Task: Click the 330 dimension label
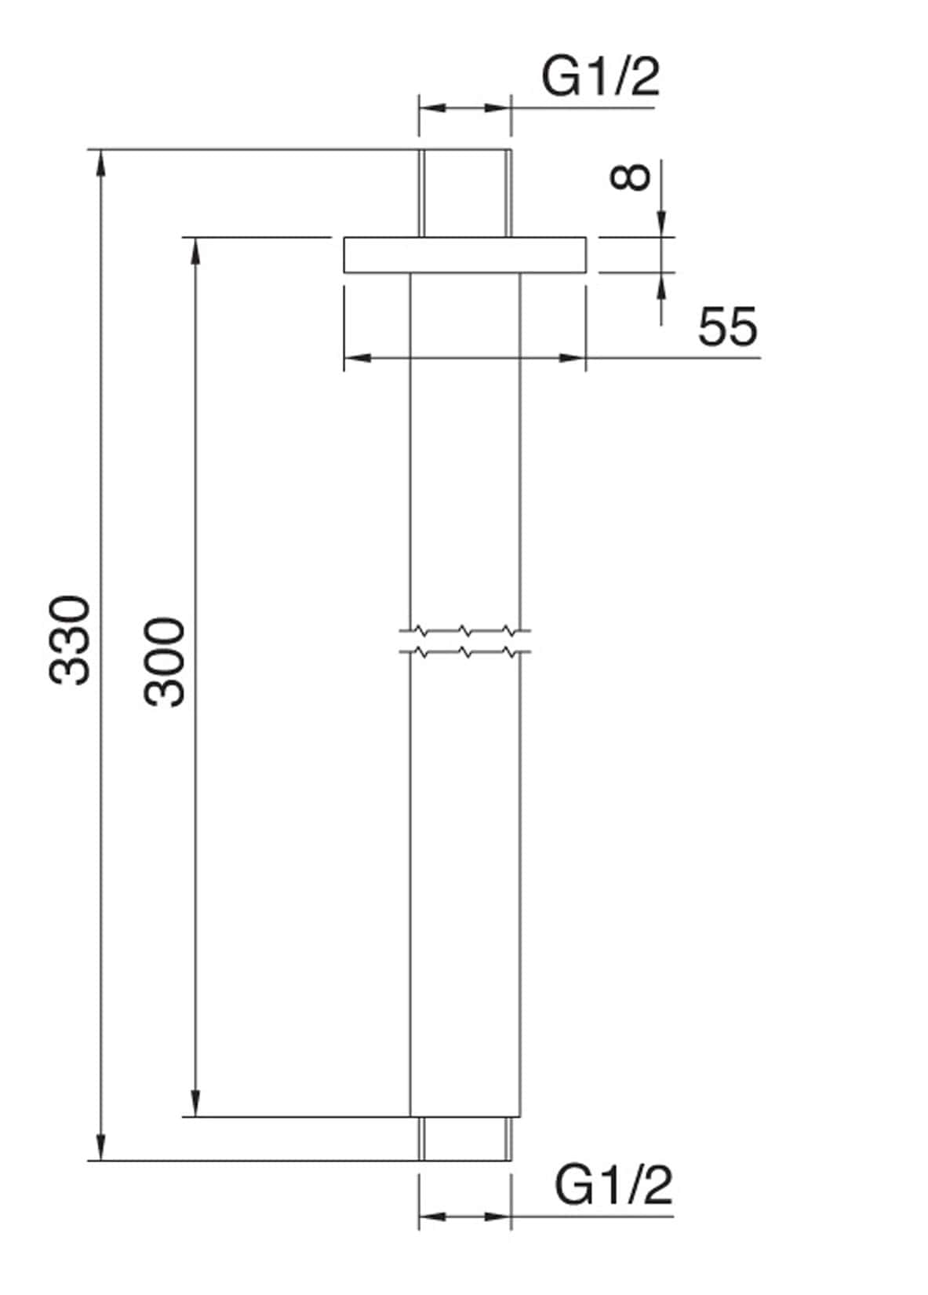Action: tap(71, 640)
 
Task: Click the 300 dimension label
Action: tap(166, 662)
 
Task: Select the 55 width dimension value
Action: tap(728, 326)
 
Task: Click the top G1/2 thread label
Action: tap(601, 78)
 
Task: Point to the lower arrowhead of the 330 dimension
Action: tap(100, 1146)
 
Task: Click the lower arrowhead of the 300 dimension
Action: tap(195, 1102)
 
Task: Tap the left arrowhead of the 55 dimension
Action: tap(357, 358)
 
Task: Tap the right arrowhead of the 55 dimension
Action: tap(572, 358)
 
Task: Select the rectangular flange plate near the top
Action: tap(464, 255)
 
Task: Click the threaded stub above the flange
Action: tap(464, 192)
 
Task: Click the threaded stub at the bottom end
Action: tap(464, 1138)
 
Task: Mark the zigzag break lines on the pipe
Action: tap(464, 640)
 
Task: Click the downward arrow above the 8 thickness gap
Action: tap(661, 223)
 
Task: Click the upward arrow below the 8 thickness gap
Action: tap(661, 286)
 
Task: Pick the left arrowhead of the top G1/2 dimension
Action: tap(431, 108)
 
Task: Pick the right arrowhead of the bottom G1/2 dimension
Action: tap(497, 1217)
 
